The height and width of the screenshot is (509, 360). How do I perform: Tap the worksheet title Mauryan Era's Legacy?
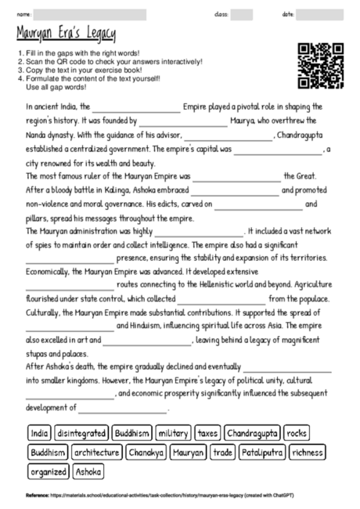[x=66, y=33]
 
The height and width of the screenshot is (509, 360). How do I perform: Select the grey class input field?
[x=241, y=14]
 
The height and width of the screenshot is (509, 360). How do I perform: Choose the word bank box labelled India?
[x=39, y=432]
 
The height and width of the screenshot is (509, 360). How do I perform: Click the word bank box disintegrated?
[x=82, y=432]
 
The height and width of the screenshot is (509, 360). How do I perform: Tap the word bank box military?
[x=173, y=432]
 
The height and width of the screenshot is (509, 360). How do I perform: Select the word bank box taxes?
[x=207, y=432]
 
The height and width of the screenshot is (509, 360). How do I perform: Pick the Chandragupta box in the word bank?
[x=252, y=432]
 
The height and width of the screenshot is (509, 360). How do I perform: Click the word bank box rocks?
[x=297, y=432]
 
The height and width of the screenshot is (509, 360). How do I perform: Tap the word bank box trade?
[x=223, y=452]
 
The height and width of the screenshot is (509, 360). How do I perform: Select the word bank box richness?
[x=308, y=452]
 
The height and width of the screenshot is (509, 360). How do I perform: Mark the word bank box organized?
[x=48, y=471]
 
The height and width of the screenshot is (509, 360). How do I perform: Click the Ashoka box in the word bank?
[x=88, y=471]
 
